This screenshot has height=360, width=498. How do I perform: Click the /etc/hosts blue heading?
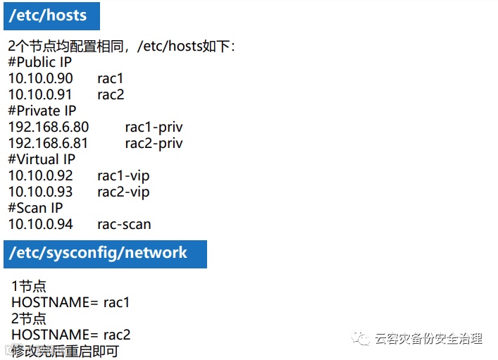click(50, 15)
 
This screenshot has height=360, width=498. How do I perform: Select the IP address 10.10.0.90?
click(40, 78)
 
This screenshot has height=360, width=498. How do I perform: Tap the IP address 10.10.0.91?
click(40, 94)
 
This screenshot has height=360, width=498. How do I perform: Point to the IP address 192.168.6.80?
click(49, 128)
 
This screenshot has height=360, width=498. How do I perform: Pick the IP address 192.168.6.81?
click(49, 144)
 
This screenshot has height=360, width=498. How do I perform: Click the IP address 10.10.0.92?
click(40, 176)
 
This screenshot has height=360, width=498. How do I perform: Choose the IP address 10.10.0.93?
click(40, 192)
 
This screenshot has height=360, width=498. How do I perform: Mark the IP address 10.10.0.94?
click(40, 225)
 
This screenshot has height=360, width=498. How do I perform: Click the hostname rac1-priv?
click(154, 128)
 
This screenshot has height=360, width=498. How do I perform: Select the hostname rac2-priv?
click(154, 144)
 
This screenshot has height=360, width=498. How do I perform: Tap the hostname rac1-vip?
click(123, 176)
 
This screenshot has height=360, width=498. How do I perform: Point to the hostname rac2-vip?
click(123, 192)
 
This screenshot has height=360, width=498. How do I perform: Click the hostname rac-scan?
click(124, 225)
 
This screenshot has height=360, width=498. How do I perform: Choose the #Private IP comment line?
click(42, 111)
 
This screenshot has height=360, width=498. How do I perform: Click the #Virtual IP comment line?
click(42, 160)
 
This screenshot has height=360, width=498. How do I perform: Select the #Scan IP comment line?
click(35, 209)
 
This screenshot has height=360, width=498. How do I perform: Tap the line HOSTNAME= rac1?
click(70, 302)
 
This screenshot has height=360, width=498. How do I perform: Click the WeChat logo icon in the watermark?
click(361, 339)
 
